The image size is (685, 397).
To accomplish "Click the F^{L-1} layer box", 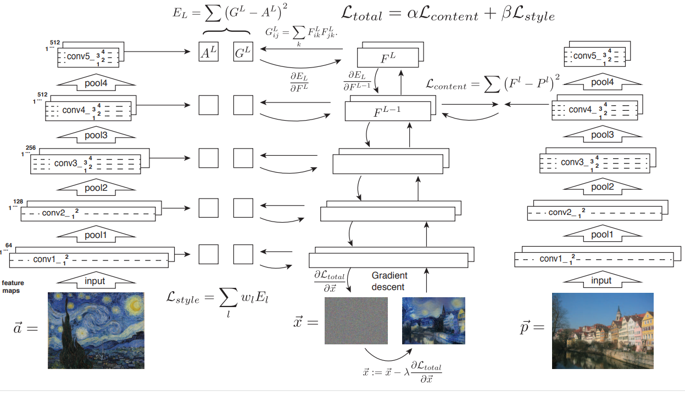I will tap(387, 111).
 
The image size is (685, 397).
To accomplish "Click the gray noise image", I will tap(356, 321).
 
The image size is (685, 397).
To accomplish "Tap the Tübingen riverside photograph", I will tap(603, 330).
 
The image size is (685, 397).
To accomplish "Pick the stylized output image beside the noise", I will tap(433, 321).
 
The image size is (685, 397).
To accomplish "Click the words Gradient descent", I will tap(389, 281).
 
